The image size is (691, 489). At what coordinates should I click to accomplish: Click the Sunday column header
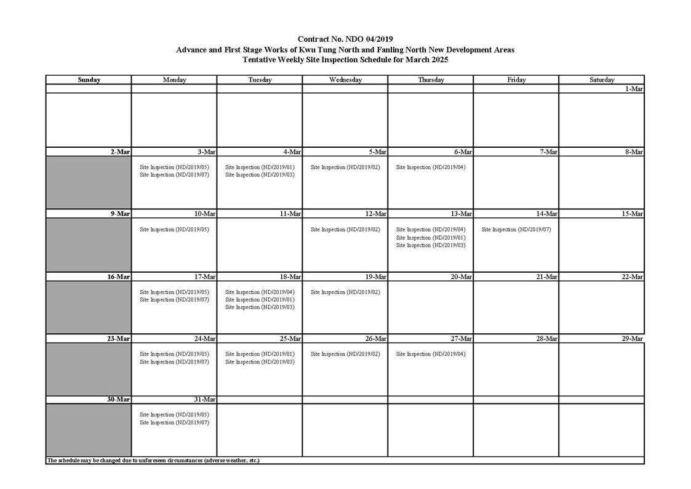pos(89,80)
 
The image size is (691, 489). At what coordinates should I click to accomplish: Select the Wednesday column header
pos(345,80)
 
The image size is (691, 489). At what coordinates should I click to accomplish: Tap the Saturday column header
pos(601,80)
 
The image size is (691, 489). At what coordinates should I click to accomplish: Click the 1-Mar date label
pos(634,89)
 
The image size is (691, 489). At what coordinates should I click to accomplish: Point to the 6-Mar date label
pos(462,152)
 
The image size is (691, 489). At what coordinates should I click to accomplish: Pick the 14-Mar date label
pos(547,214)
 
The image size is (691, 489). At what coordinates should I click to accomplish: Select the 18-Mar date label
pos(290,277)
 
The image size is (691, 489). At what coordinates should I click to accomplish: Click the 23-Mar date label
pos(119,339)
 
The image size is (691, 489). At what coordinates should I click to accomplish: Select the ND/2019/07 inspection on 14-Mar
pos(516,230)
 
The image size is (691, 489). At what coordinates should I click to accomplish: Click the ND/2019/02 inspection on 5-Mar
pos(345,167)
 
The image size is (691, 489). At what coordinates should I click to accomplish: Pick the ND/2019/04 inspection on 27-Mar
pos(431,354)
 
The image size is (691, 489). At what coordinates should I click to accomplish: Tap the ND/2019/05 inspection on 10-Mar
pos(175,230)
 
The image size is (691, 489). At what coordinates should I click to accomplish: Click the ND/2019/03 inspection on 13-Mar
pos(431,246)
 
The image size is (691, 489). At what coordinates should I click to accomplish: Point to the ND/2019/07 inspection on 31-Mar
pos(175,422)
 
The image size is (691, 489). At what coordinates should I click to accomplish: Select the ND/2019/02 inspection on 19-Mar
pos(345,292)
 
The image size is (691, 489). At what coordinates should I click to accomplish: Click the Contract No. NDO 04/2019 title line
pos(345,39)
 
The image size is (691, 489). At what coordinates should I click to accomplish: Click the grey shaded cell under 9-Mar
pos(89,244)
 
